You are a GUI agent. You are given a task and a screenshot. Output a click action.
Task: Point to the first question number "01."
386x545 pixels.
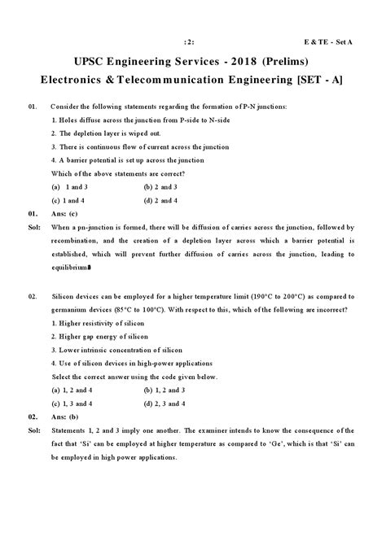(33, 107)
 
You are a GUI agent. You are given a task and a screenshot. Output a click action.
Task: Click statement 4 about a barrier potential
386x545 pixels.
(126, 160)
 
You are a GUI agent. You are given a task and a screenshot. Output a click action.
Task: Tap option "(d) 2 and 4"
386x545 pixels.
(160, 200)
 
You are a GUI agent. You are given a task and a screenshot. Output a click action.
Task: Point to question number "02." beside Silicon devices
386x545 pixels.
(33, 298)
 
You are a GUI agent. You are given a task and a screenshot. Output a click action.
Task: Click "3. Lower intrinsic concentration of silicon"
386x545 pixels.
(115, 351)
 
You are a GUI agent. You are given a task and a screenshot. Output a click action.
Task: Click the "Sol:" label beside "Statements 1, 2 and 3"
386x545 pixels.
(33, 429)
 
